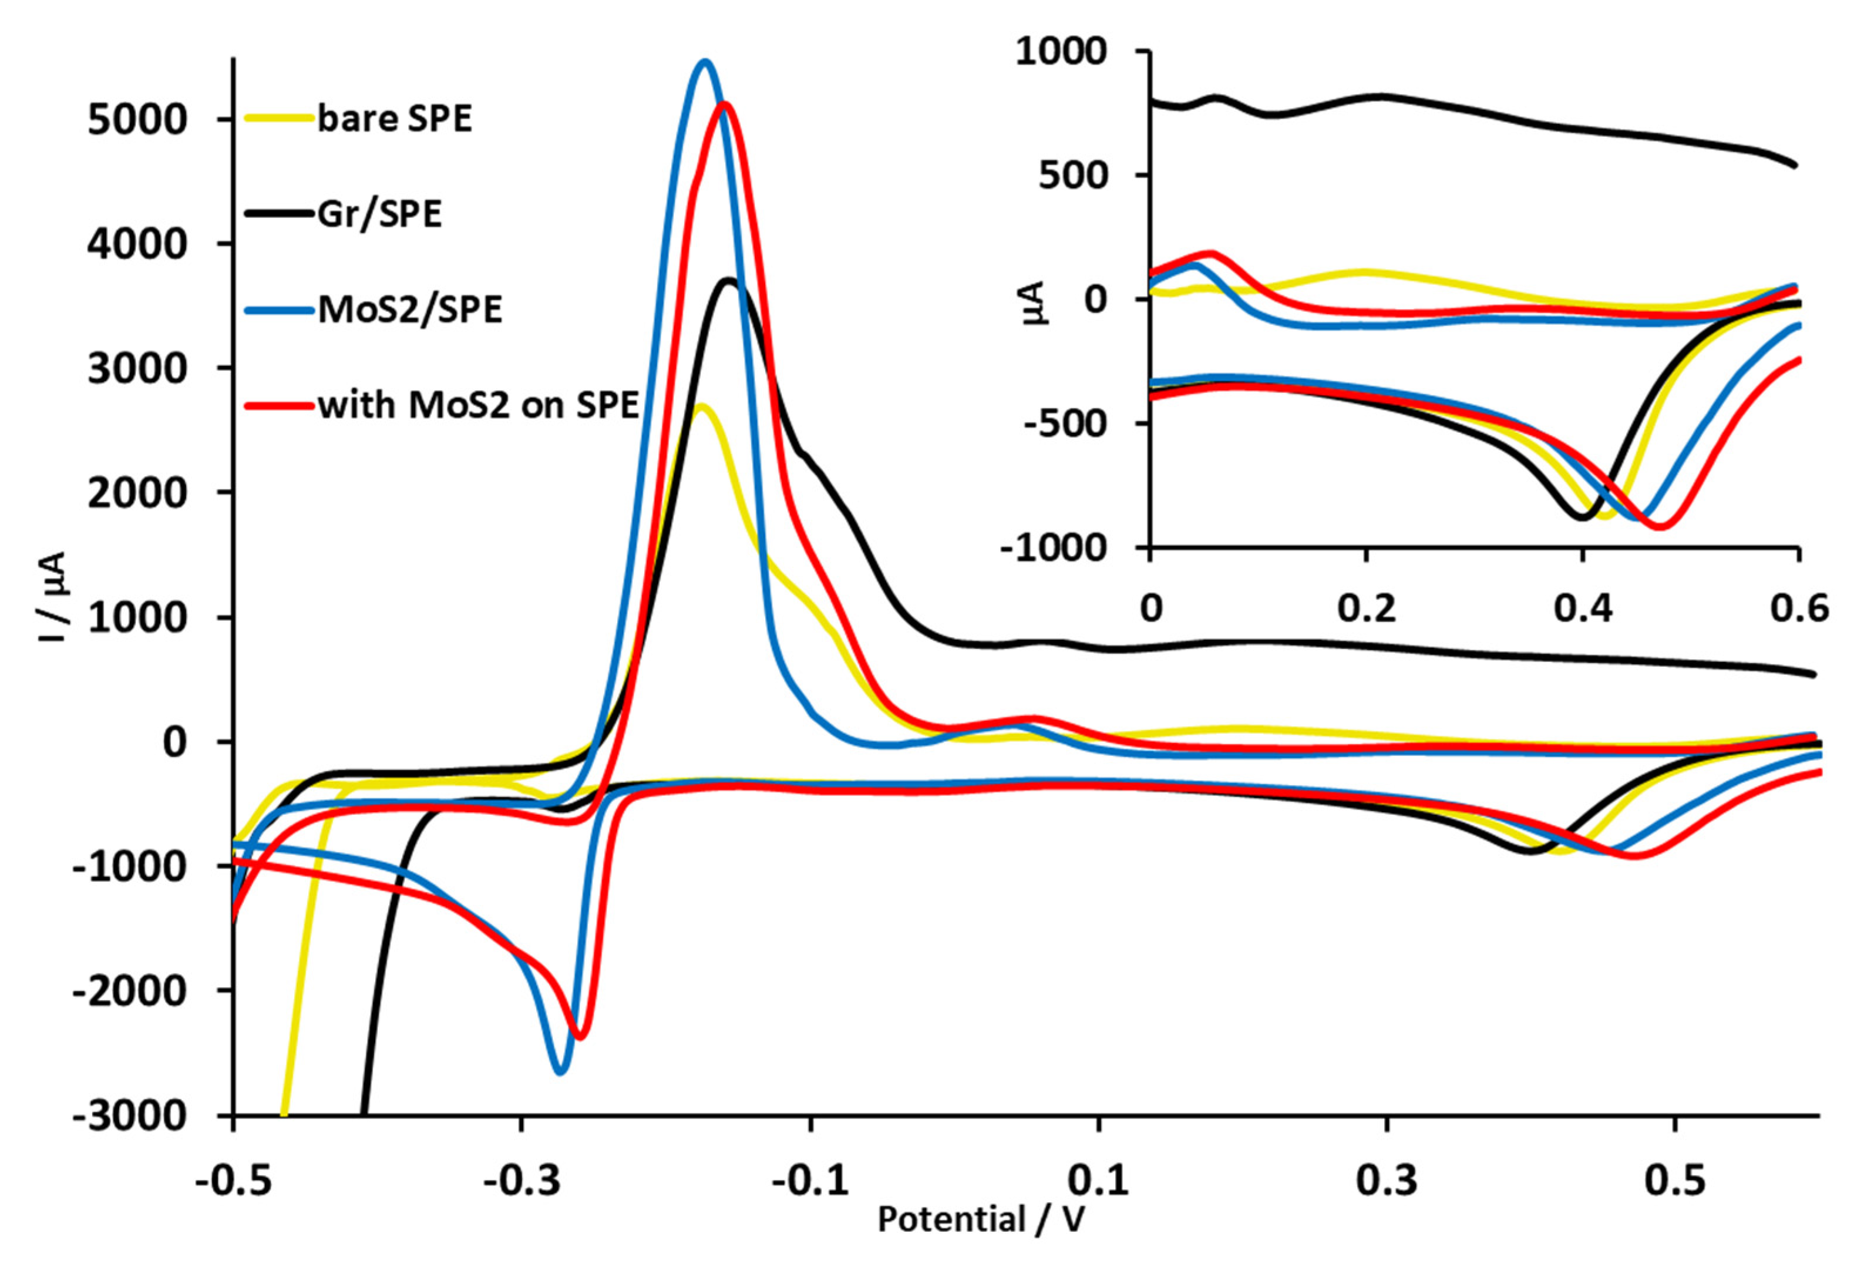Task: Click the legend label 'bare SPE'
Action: pyautogui.click(x=394, y=119)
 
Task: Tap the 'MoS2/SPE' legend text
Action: pyautogui.click(x=410, y=310)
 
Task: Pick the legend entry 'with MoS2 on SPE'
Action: pyautogui.click(x=479, y=405)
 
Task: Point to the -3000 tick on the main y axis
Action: pyautogui.click(x=130, y=1116)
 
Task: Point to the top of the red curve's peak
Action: pyautogui.click(x=724, y=104)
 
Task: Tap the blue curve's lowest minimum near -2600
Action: pyautogui.click(x=560, y=1071)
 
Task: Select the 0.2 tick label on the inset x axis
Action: pyautogui.click(x=1367, y=609)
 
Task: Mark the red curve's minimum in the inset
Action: pyautogui.click(x=1660, y=526)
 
